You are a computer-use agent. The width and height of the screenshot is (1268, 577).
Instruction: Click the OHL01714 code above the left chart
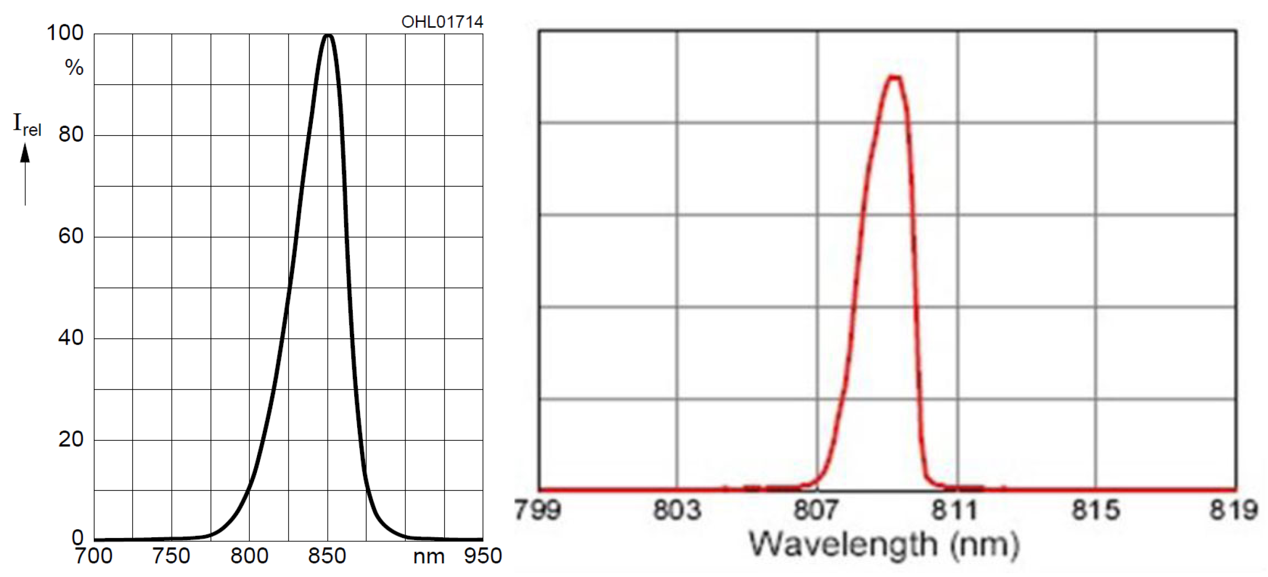pyautogui.click(x=442, y=22)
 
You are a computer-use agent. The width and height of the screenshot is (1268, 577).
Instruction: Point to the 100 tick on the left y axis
pyautogui.click(x=65, y=34)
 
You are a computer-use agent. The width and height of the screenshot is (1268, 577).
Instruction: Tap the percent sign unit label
pyautogui.click(x=74, y=68)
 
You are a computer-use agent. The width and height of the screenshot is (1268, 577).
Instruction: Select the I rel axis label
pyautogui.click(x=27, y=124)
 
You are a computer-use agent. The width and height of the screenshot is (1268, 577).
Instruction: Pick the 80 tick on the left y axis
pyautogui.click(x=71, y=134)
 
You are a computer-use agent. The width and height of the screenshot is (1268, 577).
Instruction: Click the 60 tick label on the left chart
pyautogui.click(x=71, y=236)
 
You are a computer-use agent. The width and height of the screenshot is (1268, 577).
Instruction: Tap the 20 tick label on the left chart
pyautogui.click(x=71, y=439)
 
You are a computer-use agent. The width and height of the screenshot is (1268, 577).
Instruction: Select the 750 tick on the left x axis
pyautogui.click(x=171, y=556)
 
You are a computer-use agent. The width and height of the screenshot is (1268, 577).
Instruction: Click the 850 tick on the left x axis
pyautogui.click(x=327, y=556)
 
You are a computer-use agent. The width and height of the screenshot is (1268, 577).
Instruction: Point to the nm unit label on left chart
pyautogui.click(x=428, y=557)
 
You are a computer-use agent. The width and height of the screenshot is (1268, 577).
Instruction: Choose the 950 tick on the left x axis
pyautogui.click(x=483, y=556)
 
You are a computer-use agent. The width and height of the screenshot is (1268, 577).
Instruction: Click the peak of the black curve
pyautogui.click(x=328, y=35)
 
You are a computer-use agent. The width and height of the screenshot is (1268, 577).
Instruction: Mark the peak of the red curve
pyautogui.click(x=894, y=77)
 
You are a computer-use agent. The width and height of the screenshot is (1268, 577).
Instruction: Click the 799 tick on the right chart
pyautogui.click(x=538, y=510)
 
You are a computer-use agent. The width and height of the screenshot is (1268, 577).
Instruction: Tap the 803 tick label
pyautogui.click(x=677, y=510)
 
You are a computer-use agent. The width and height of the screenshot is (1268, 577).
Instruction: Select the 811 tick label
pyautogui.click(x=955, y=510)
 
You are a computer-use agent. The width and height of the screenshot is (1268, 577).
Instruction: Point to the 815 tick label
pyautogui.click(x=1096, y=510)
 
